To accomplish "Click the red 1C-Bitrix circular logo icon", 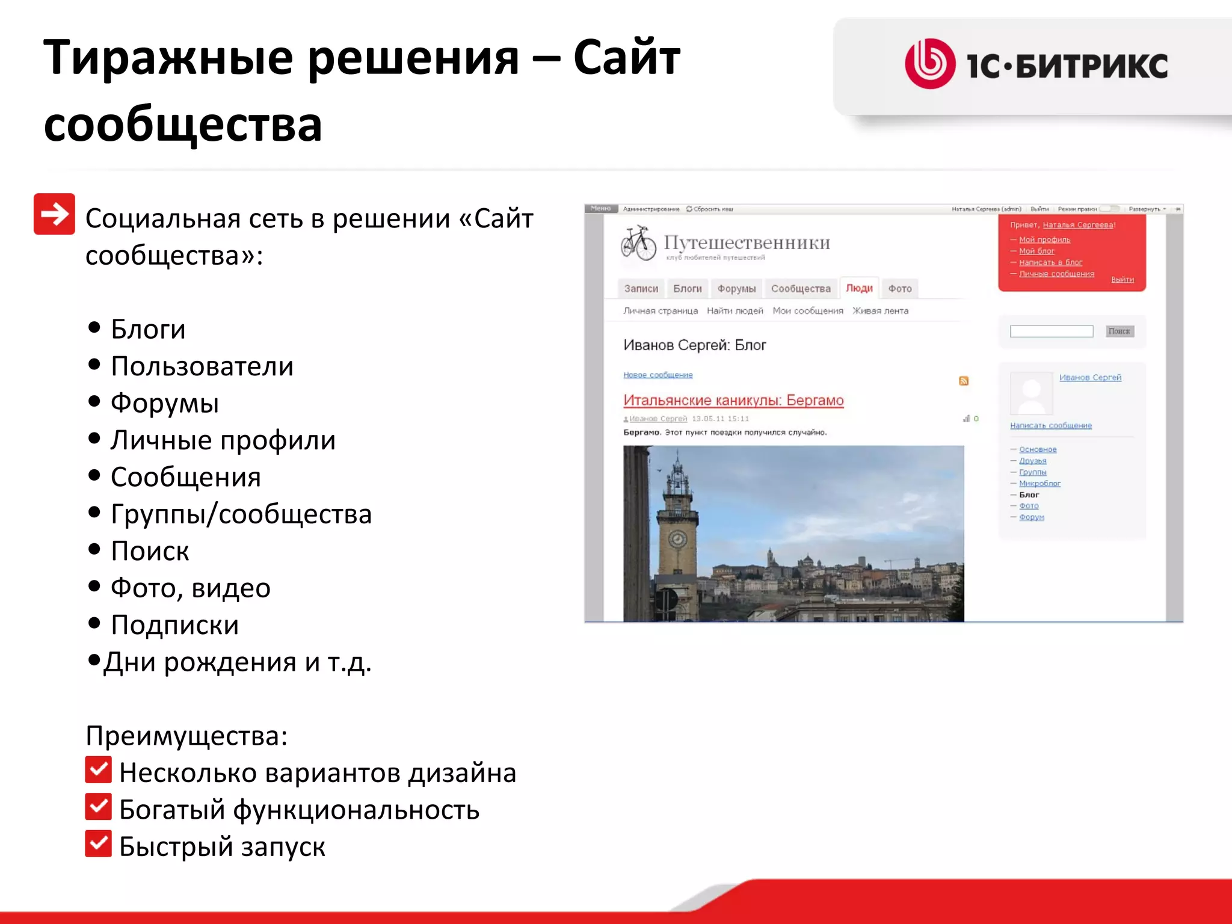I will pyautogui.click(x=930, y=64).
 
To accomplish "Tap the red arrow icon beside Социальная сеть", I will pyautogui.click(x=54, y=214).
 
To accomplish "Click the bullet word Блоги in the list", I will pyautogui.click(x=148, y=329).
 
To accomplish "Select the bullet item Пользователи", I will pyautogui.click(x=202, y=366).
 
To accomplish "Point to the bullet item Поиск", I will pyautogui.click(x=150, y=551).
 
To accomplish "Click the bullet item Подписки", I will pyautogui.click(x=174, y=625).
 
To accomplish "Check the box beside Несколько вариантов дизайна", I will pyautogui.click(x=98, y=769).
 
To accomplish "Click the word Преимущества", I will pyautogui.click(x=186, y=736).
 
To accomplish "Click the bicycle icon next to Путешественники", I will pyautogui.click(x=638, y=243).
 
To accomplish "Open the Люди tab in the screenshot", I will pyautogui.click(x=859, y=288).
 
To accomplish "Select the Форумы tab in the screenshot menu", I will pyautogui.click(x=736, y=289).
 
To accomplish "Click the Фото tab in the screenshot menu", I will pyautogui.click(x=900, y=289).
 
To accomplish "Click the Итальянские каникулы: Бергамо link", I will pyautogui.click(x=733, y=400).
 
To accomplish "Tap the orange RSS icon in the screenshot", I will pyautogui.click(x=964, y=381).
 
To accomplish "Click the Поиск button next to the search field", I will pyautogui.click(x=1119, y=331).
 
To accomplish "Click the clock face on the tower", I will pyautogui.click(x=678, y=538).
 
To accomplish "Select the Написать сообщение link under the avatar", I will pyautogui.click(x=1050, y=425).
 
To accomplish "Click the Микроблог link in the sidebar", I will pyautogui.click(x=1039, y=483).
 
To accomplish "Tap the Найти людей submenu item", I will pyautogui.click(x=735, y=310).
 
